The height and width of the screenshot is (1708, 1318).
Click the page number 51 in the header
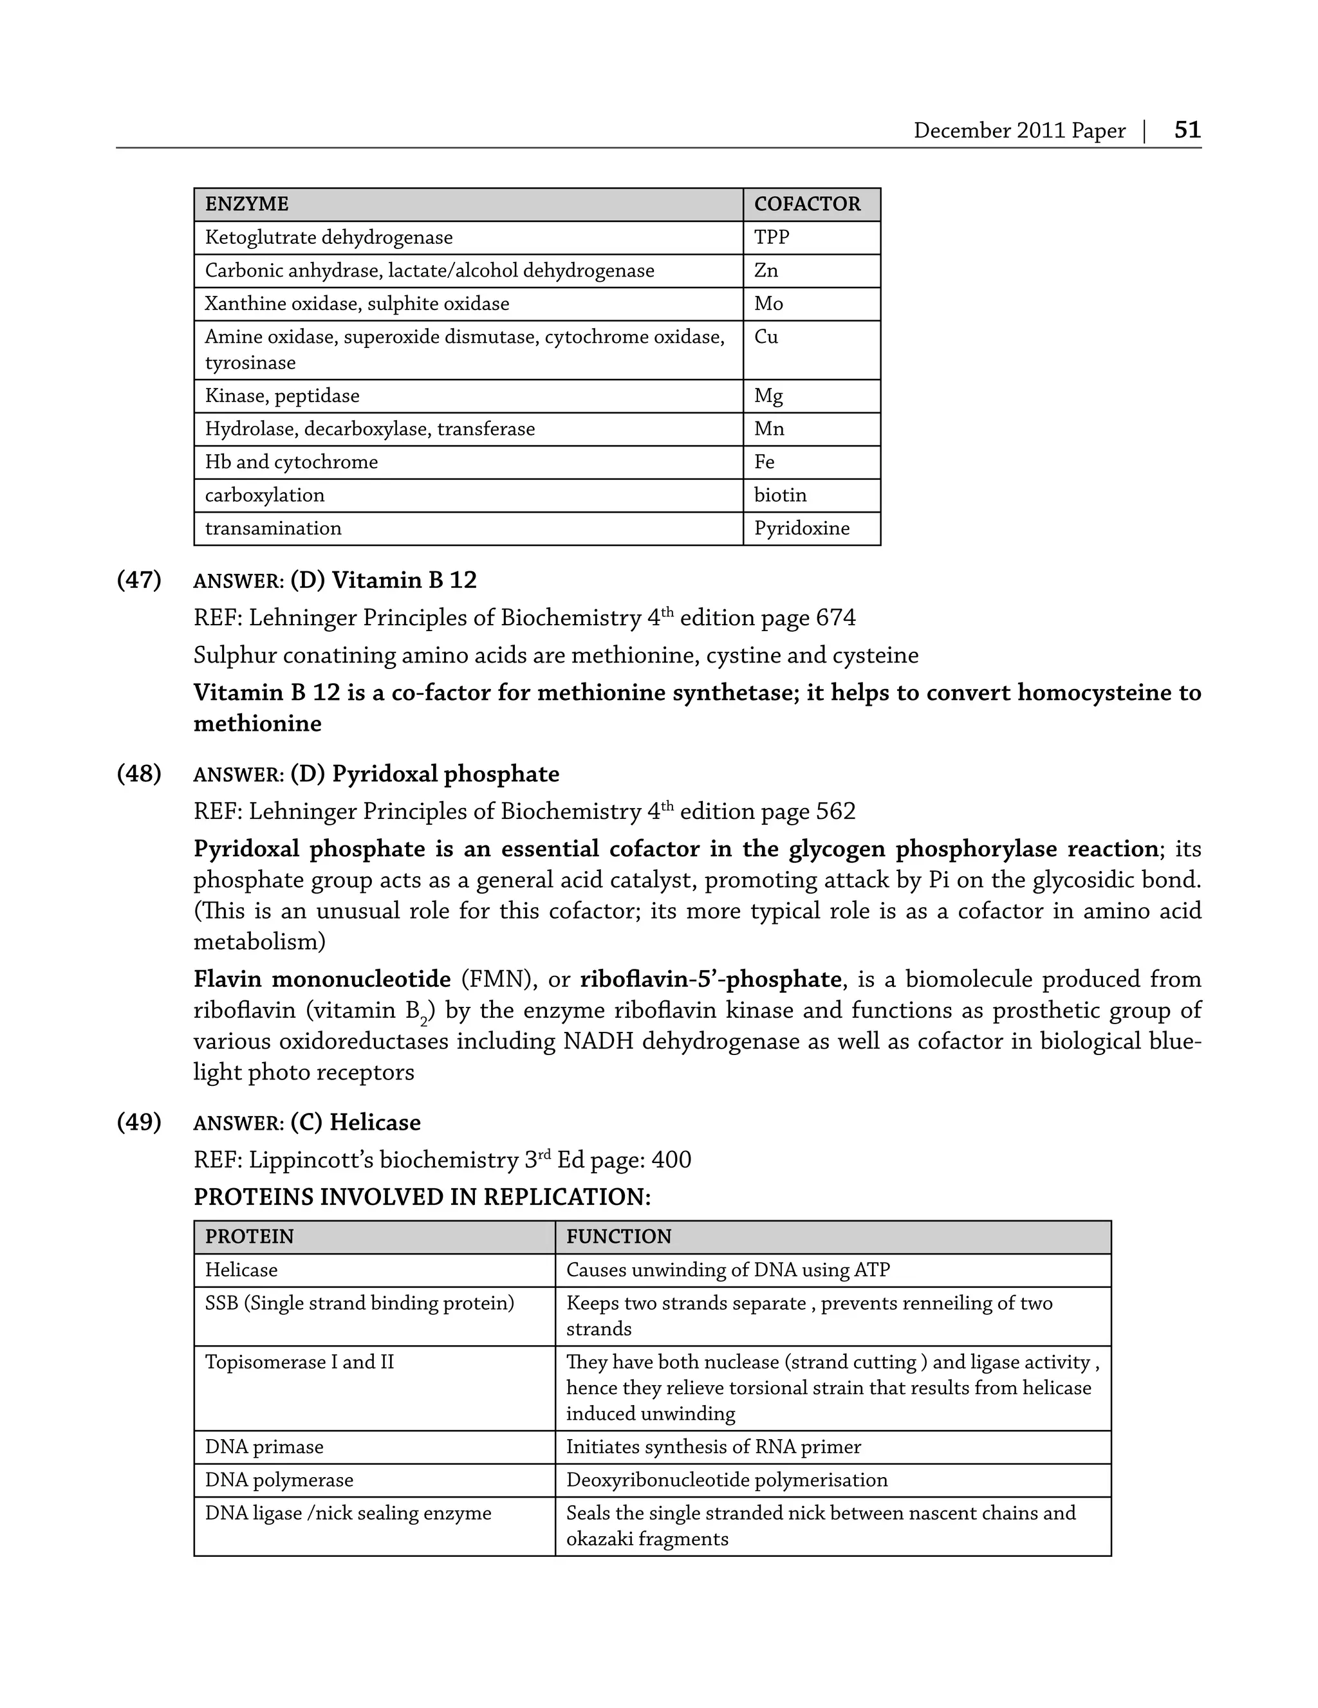click(1187, 129)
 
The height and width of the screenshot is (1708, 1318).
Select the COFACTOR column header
click(806, 204)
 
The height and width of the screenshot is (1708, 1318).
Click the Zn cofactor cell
click(766, 271)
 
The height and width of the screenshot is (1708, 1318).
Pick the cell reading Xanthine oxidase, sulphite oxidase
click(357, 304)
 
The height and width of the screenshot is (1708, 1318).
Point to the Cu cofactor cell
click(766, 337)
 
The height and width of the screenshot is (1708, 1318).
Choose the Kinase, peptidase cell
click(282, 396)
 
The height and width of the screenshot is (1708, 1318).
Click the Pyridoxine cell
click(801, 529)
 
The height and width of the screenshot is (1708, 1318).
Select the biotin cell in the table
click(780, 495)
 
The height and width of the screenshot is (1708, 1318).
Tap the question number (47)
click(139, 580)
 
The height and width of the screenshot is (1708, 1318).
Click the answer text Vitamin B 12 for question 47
click(404, 580)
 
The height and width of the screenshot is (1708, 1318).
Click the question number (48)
click(139, 775)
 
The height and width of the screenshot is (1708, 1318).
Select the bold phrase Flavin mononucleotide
click(322, 979)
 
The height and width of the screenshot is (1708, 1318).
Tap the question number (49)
click(139, 1122)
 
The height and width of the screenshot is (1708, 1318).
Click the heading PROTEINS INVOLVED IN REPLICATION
click(422, 1197)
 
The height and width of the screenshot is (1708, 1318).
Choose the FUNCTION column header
click(618, 1236)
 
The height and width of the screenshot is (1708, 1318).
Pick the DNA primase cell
click(264, 1447)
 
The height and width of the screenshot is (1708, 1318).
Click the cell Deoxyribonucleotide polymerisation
click(727, 1480)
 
